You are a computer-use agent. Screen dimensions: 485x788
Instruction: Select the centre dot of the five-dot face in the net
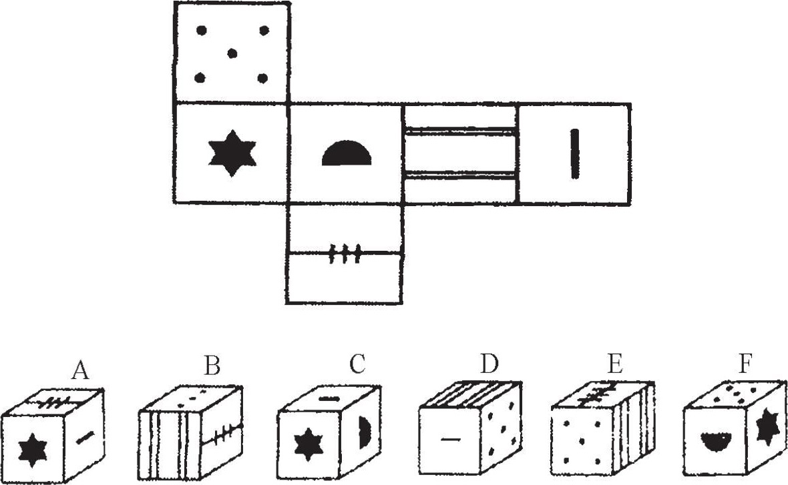point(232,53)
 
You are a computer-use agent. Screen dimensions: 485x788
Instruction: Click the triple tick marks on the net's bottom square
point(345,254)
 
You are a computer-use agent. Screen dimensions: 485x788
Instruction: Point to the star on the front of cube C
point(307,445)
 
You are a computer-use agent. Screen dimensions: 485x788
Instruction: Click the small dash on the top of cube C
point(329,399)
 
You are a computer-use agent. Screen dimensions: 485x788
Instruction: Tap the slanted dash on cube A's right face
point(85,437)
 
